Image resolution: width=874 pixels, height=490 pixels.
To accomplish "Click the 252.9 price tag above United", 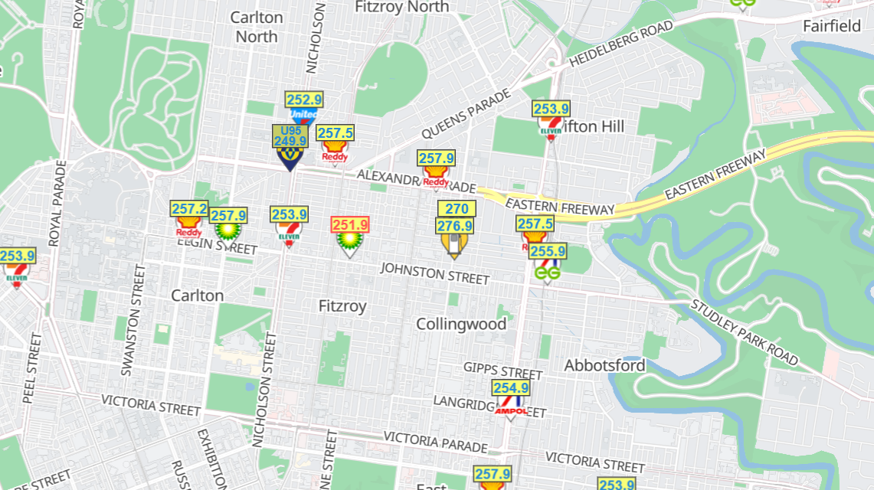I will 304,100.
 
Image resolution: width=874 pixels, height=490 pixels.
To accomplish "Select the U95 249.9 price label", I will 290,136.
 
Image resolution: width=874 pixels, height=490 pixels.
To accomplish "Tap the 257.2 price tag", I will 189,208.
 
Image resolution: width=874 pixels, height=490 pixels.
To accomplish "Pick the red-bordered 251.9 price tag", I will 350,225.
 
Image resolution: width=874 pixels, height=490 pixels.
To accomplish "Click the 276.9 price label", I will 455,226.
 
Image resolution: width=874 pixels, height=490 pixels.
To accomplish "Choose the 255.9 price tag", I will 548,251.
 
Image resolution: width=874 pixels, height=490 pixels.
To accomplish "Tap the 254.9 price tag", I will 511,388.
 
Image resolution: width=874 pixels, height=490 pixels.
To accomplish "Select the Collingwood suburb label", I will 461,324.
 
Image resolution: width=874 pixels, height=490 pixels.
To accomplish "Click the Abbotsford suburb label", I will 604,365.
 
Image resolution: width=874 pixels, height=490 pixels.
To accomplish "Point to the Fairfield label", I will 832,26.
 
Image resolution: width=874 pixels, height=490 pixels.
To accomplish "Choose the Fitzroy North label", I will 402,7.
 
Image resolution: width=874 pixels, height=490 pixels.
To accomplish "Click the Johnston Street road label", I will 434,273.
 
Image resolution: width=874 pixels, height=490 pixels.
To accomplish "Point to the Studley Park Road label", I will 745,332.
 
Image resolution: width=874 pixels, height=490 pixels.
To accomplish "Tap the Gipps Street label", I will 502,371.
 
